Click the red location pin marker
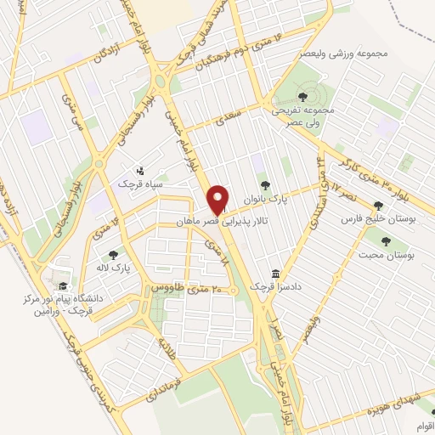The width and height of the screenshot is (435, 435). coord(218,200)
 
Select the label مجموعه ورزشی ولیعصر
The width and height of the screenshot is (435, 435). coord(339,53)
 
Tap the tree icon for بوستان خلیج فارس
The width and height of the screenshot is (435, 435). coord(379,205)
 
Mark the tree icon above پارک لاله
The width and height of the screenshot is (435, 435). coord(111,254)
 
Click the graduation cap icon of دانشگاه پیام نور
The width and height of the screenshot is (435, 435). coord(61,286)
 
